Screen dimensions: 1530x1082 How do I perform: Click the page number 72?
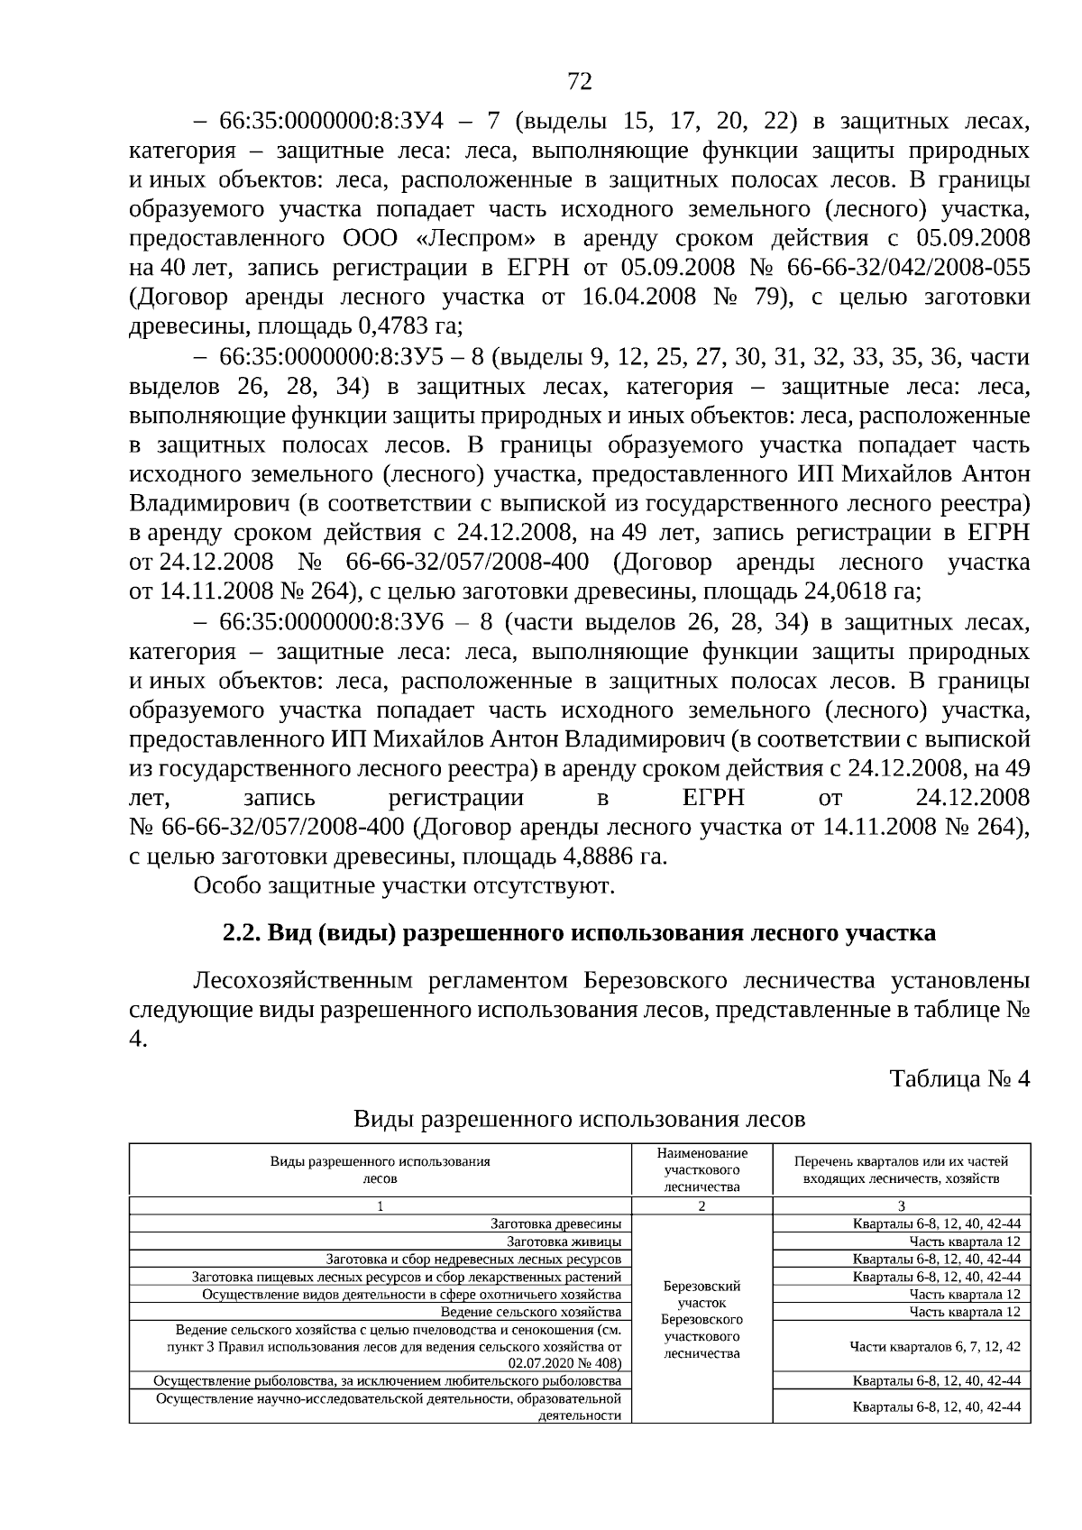tap(580, 83)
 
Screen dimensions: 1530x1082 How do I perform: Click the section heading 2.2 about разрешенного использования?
tap(579, 932)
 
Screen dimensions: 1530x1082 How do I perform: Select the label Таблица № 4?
tap(958, 1078)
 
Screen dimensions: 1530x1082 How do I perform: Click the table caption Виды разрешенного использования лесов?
tap(579, 1120)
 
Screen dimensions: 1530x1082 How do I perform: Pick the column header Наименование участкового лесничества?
tap(701, 1169)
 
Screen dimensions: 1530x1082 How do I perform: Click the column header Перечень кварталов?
tap(901, 1169)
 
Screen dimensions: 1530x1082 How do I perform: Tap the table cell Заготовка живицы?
tap(564, 1241)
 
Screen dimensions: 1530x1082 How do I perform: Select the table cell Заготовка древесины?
tap(555, 1224)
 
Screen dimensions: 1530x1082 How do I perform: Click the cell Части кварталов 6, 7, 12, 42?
tap(935, 1346)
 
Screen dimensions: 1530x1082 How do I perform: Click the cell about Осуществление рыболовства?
tap(388, 1380)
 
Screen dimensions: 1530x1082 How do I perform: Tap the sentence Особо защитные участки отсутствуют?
tap(404, 885)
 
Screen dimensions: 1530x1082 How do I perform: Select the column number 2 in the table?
tap(701, 1206)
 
